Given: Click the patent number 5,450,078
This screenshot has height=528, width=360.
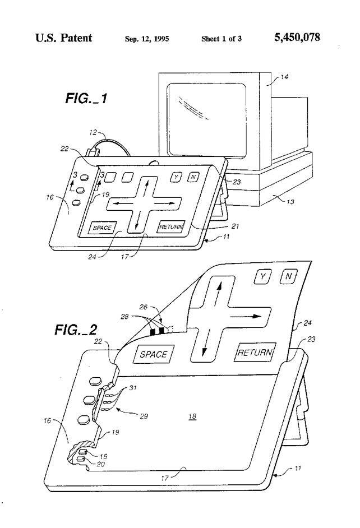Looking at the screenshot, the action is point(297,38).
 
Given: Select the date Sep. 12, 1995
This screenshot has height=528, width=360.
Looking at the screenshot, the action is point(147,39).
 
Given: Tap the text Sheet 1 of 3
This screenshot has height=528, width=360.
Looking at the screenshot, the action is point(221,39).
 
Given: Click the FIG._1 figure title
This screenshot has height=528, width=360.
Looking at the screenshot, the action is point(86,98).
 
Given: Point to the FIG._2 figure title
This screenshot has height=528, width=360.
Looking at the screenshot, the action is point(76,330).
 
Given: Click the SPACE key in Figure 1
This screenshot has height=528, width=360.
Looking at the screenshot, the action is point(102,228).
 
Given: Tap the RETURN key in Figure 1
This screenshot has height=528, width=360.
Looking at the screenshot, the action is point(171,226).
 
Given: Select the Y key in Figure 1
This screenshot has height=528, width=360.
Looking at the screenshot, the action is point(176,177).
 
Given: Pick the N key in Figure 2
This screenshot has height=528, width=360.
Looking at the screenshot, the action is point(289,276).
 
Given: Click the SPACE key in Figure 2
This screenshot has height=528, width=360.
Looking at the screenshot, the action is point(154,354).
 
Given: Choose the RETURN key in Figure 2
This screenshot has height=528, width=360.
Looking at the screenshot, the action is point(255,352).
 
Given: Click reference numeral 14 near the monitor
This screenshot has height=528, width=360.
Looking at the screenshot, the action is point(284,77).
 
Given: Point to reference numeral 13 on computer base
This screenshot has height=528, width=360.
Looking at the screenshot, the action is point(290,201).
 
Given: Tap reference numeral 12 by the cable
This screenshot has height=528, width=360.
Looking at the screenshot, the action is point(93,132).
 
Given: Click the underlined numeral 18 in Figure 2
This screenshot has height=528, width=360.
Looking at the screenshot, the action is point(192,416).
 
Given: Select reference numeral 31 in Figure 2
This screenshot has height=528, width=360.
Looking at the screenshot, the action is point(133,387).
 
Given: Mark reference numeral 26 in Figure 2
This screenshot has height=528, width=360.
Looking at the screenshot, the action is point(144,307).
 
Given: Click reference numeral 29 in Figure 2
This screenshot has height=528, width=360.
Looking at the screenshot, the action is point(144,416).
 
